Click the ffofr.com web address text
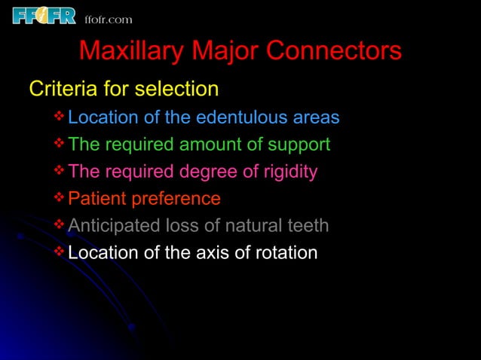(x=108, y=19)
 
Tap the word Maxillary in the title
(x=132, y=51)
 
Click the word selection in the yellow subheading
(x=176, y=90)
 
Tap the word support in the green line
(x=299, y=145)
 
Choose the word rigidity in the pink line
(x=286, y=172)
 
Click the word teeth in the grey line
(x=308, y=226)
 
